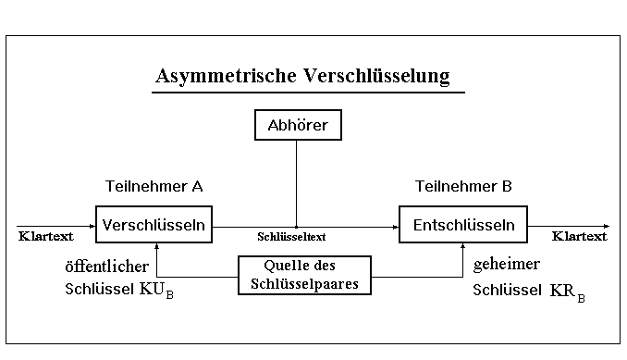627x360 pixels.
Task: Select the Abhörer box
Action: pyautogui.click(x=297, y=125)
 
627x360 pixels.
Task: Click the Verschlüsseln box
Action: pyautogui.click(x=154, y=224)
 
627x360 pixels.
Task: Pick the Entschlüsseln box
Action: pyautogui.click(x=463, y=224)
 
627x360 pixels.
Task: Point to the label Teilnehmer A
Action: pyautogui.click(x=154, y=186)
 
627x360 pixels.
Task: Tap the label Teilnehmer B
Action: pyautogui.click(x=463, y=186)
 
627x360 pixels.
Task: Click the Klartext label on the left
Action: pyautogui.click(x=45, y=236)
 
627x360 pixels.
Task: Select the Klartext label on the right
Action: pyautogui.click(x=579, y=236)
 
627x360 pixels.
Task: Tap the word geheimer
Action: pyautogui.click(x=506, y=265)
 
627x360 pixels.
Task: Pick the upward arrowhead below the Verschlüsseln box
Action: pyautogui.click(x=158, y=246)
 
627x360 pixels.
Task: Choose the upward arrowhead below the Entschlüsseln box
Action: pyautogui.click(x=463, y=246)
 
